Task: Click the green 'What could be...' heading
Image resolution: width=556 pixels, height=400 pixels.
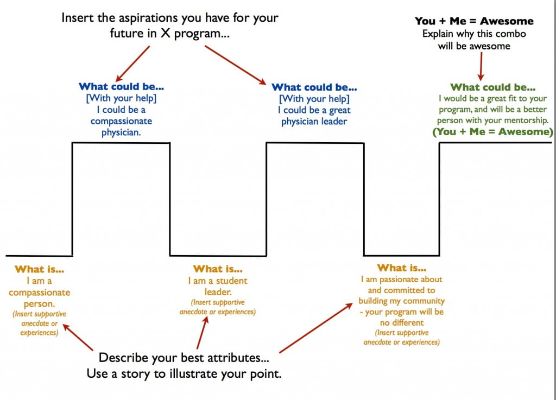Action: (x=492, y=87)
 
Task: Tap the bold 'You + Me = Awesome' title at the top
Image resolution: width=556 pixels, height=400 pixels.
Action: (x=474, y=21)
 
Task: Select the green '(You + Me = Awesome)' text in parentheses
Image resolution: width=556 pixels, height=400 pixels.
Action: (x=492, y=132)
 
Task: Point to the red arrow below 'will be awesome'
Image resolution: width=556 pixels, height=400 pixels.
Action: (x=481, y=66)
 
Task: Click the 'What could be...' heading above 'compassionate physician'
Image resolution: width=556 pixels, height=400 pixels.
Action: (x=121, y=86)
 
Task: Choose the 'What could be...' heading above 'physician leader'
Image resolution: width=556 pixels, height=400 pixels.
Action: (x=314, y=87)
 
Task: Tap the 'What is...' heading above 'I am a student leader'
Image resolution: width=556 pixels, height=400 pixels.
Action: (x=218, y=269)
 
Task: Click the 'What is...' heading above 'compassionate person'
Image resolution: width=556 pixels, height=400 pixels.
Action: (x=39, y=269)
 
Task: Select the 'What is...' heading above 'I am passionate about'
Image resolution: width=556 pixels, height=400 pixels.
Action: (x=402, y=268)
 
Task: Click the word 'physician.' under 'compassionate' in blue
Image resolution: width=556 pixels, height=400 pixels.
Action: (x=121, y=132)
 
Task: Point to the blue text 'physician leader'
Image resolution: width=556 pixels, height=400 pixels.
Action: (x=314, y=122)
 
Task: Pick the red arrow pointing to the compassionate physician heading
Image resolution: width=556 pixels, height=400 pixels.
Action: (x=132, y=64)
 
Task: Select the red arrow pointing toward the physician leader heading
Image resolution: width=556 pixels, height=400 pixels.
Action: (x=236, y=65)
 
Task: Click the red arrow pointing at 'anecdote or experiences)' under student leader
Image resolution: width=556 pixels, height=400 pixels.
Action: (x=203, y=332)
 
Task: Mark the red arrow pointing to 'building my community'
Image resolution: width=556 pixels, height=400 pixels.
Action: (x=316, y=328)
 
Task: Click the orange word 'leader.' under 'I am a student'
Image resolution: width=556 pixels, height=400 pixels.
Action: (x=218, y=292)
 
